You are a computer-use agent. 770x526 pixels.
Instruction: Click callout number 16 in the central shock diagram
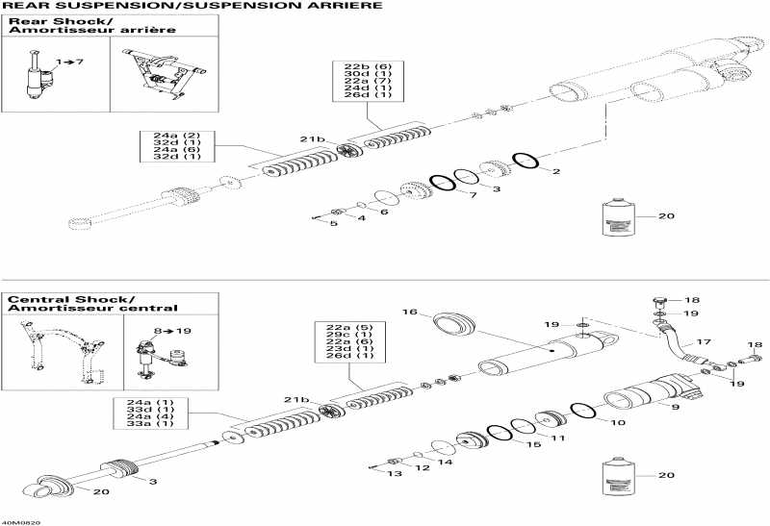point(409,313)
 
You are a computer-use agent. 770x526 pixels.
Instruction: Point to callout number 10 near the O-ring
point(617,422)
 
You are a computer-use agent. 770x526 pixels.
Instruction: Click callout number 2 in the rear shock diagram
point(556,172)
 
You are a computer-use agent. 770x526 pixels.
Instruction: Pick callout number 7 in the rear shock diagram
point(473,195)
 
